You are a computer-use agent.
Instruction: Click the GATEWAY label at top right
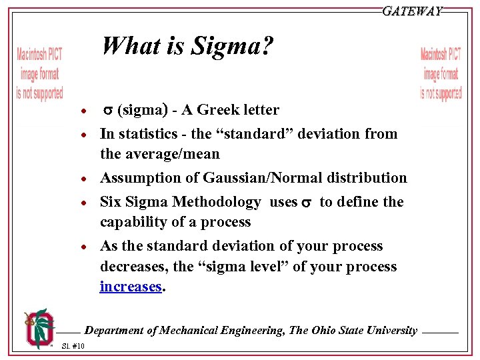[x=412, y=11]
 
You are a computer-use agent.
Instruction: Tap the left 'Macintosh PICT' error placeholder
[x=39, y=74]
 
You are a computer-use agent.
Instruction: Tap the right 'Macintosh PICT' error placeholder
[x=441, y=74]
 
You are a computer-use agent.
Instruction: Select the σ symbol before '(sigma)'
[x=106, y=111]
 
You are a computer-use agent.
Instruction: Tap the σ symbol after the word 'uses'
[x=307, y=203]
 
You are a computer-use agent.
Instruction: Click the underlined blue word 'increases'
[x=131, y=287]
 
